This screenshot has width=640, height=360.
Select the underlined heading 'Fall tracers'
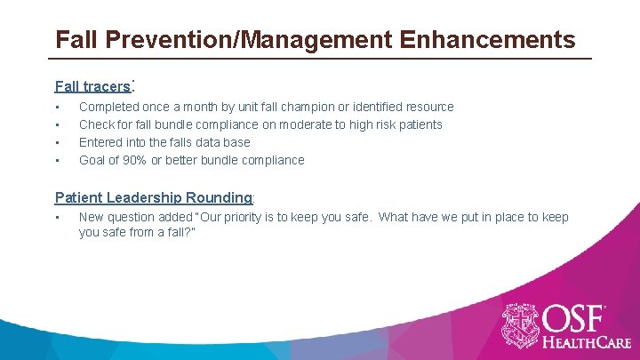[x=92, y=86]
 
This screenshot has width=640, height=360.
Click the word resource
[x=428, y=107]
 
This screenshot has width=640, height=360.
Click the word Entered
[x=101, y=142]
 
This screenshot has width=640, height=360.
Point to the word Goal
[x=93, y=160]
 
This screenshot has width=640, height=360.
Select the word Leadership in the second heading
[x=146, y=197]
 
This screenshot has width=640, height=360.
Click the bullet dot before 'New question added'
[x=58, y=218]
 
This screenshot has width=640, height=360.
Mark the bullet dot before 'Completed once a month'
[x=58, y=108]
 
